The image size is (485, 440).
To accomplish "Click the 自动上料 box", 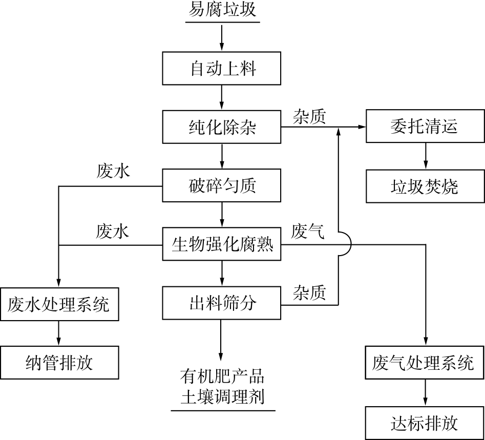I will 222,69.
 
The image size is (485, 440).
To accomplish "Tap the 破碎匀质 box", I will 222,186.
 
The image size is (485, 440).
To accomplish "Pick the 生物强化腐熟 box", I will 222,245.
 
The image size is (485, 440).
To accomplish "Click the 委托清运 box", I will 425,127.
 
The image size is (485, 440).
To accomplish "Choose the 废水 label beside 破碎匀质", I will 113,172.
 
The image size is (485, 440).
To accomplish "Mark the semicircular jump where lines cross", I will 344,245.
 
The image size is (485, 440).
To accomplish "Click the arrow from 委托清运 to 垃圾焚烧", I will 425,156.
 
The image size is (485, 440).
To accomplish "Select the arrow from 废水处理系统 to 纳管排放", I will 59,333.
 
